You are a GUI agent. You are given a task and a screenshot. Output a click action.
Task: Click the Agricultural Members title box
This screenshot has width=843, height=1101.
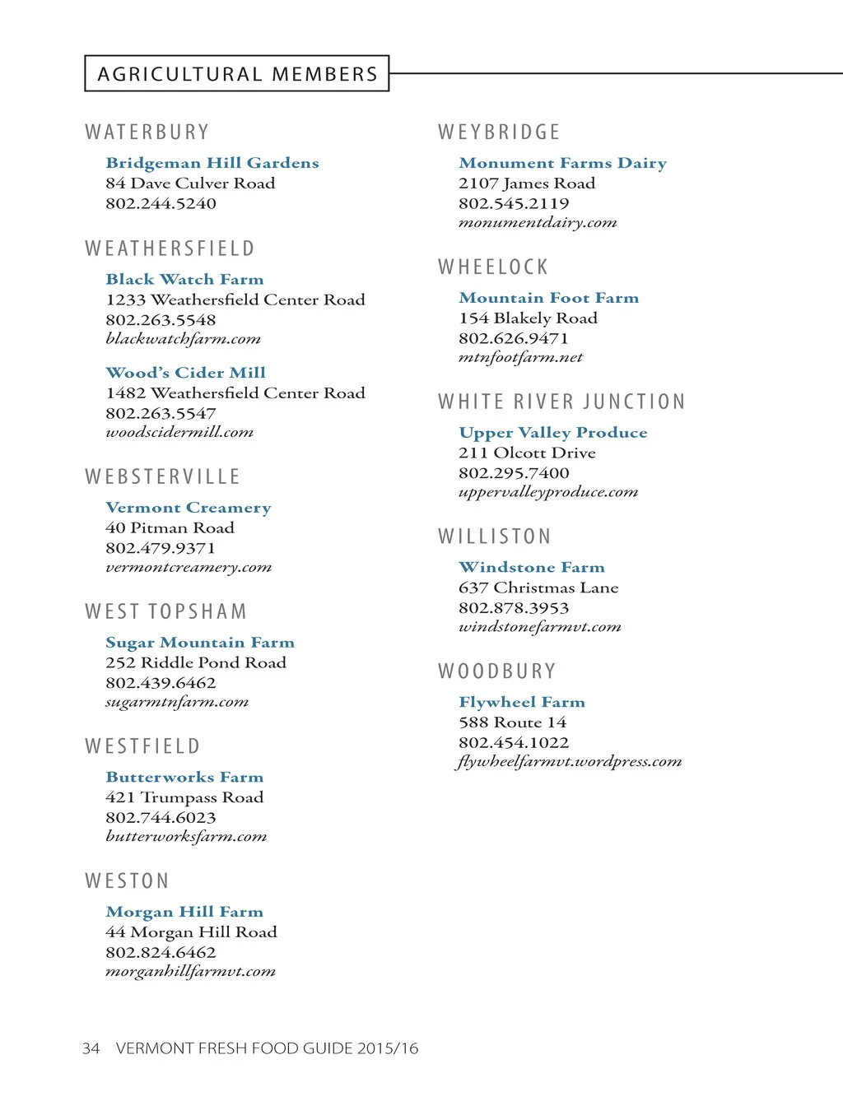tap(237, 74)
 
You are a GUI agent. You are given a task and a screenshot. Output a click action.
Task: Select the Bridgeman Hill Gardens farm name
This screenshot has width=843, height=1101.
tap(212, 163)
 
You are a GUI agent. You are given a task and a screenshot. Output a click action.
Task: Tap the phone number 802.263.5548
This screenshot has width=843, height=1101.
tap(161, 320)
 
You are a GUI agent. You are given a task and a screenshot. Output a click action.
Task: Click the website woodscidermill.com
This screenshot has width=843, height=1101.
tap(179, 432)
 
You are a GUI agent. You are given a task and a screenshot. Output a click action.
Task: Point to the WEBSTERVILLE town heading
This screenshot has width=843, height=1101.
tap(163, 477)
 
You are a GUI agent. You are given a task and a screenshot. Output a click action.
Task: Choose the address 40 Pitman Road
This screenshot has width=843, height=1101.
tap(170, 528)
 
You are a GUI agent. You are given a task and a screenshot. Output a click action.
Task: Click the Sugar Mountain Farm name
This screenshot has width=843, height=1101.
tap(200, 643)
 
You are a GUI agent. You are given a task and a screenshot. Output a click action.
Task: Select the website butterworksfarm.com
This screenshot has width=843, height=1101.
tap(186, 837)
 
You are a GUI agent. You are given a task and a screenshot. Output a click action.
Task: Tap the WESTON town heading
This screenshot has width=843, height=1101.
tap(127, 881)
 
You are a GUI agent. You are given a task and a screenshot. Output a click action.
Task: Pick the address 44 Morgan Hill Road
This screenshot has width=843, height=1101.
tap(191, 932)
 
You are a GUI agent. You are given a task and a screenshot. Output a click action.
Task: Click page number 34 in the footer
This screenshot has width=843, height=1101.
tap(91, 1048)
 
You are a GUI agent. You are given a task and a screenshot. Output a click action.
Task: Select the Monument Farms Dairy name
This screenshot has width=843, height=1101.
tap(562, 163)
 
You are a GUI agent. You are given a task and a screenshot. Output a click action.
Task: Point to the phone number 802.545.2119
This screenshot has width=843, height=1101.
tap(514, 203)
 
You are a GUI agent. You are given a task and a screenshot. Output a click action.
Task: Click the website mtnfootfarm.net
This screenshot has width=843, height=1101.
tap(520, 358)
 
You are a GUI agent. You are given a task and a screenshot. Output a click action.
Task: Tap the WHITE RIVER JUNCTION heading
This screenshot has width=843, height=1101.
tap(561, 402)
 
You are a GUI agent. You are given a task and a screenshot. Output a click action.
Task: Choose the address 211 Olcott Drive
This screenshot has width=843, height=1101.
tap(527, 453)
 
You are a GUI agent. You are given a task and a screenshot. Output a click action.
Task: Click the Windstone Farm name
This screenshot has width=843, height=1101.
tap(532, 567)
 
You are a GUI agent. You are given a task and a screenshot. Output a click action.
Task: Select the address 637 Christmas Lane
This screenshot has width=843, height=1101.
tap(538, 588)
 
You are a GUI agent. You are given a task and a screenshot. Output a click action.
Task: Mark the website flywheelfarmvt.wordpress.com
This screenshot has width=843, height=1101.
tap(570, 762)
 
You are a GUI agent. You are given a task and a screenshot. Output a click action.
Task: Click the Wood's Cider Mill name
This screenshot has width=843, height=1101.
tap(185, 373)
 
